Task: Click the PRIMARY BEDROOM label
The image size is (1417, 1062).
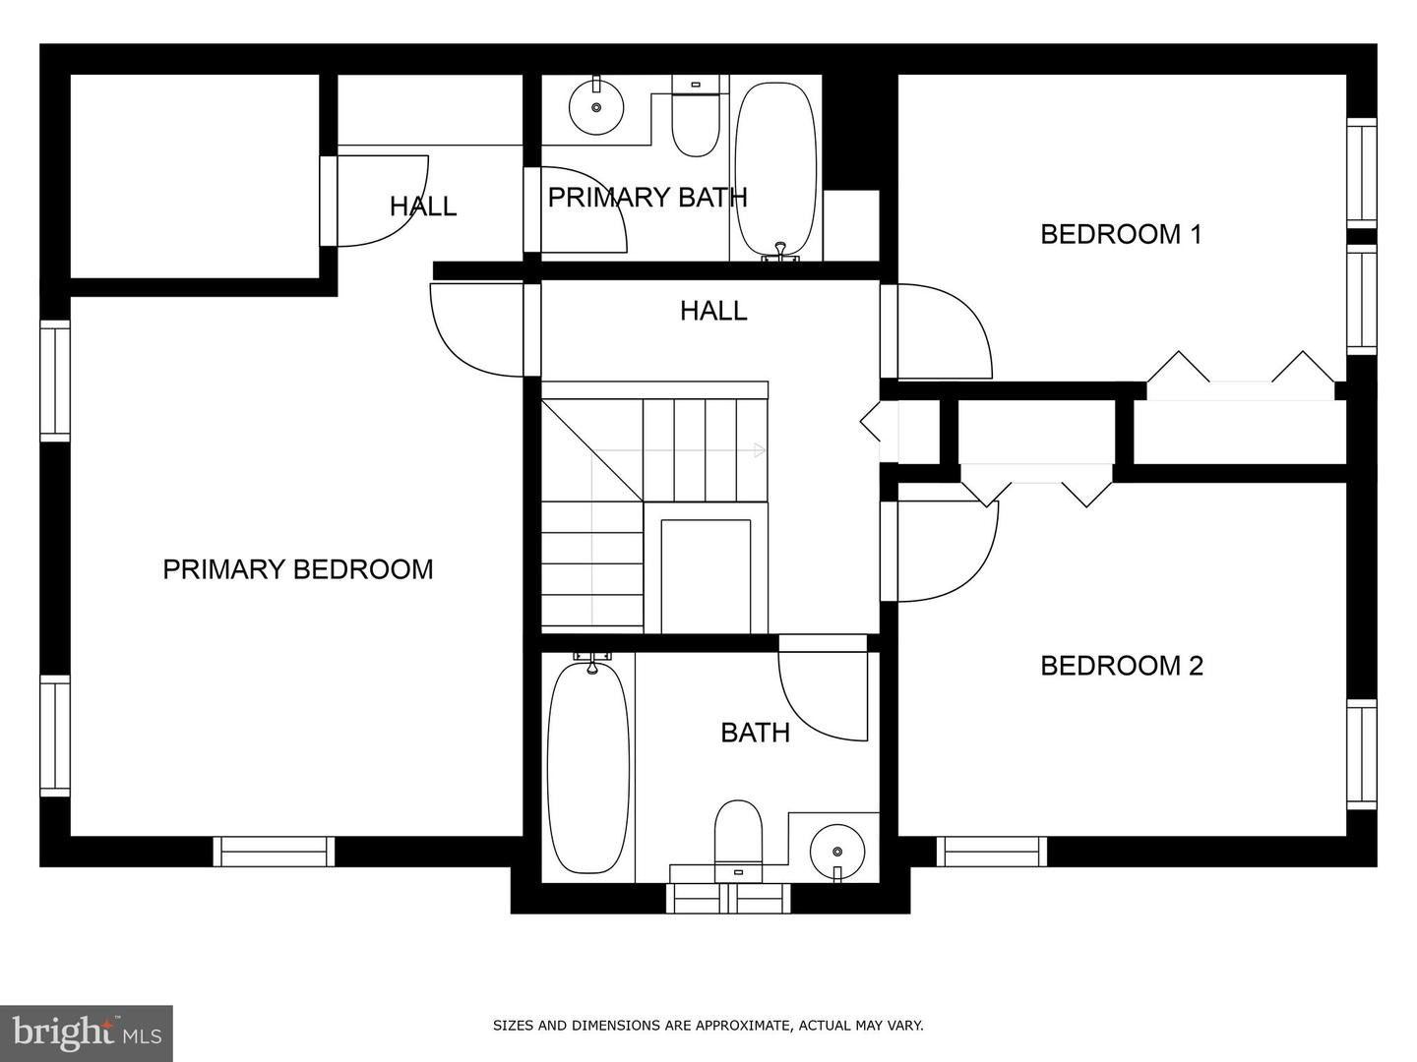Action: coord(297,569)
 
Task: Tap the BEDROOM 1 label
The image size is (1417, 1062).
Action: coord(1122,234)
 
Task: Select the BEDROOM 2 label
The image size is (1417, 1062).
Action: coord(1122,666)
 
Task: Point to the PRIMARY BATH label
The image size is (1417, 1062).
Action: coord(647,198)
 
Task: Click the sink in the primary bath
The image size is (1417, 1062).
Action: coord(596,107)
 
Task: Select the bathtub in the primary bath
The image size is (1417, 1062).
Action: coord(775,171)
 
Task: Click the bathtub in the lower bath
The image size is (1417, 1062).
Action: coord(588,766)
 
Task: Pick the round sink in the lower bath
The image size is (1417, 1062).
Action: coord(837,852)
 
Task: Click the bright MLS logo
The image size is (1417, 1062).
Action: coord(87,1032)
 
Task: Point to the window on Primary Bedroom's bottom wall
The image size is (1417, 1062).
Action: coord(274,852)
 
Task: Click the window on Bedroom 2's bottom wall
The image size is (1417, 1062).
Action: coord(992,852)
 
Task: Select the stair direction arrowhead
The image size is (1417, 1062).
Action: coord(760,450)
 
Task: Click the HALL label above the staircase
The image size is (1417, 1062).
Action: coord(713,312)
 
